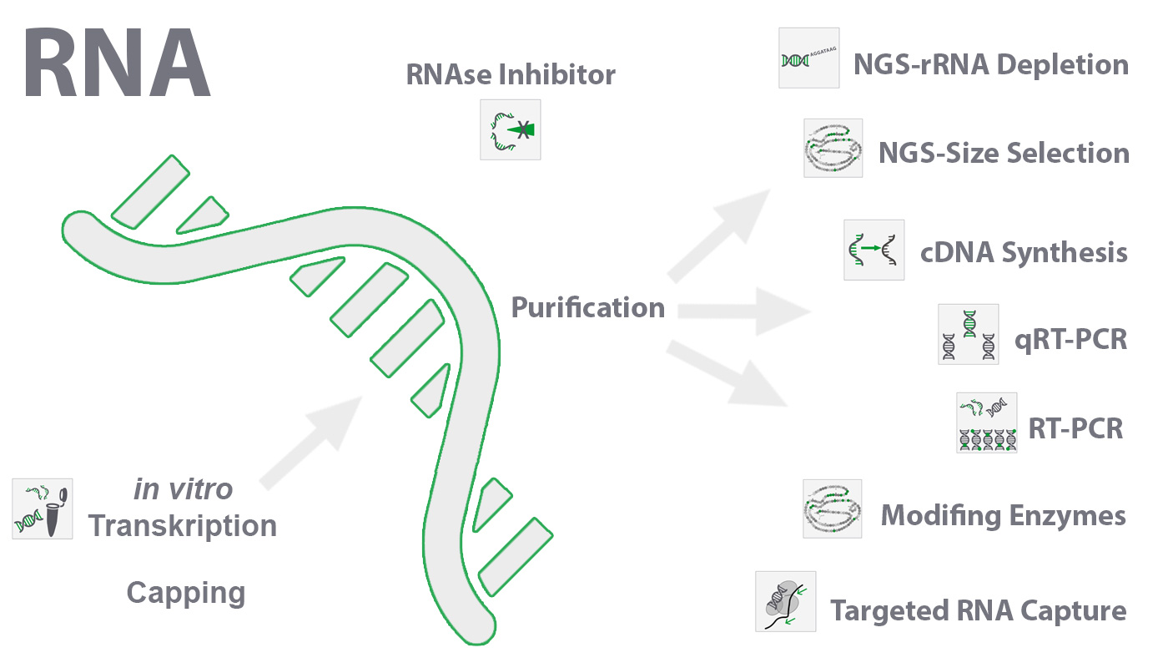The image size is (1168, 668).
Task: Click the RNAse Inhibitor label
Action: coord(511,75)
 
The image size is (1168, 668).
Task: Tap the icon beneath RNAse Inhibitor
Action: coord(511,129)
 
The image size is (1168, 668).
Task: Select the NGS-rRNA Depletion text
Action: coord(990,65)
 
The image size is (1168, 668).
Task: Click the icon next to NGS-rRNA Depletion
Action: coord(808,58)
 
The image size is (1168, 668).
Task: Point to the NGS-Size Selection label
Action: coord(1004,154)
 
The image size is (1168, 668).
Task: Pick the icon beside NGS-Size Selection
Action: coord(833,148)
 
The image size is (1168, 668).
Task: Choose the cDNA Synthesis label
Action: coord(1024,252)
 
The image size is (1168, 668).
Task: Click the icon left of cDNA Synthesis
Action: coord(873,250)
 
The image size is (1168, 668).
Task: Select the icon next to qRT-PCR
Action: coord(968,334)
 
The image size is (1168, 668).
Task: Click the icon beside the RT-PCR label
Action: coord(987,423)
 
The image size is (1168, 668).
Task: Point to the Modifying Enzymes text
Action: coord(1003,515)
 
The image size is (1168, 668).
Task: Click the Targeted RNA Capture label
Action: coord(978,610)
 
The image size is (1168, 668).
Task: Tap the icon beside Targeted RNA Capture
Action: coord(785,601)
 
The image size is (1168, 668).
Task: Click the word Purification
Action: coord(587,307)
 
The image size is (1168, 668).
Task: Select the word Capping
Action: coord(186,593)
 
